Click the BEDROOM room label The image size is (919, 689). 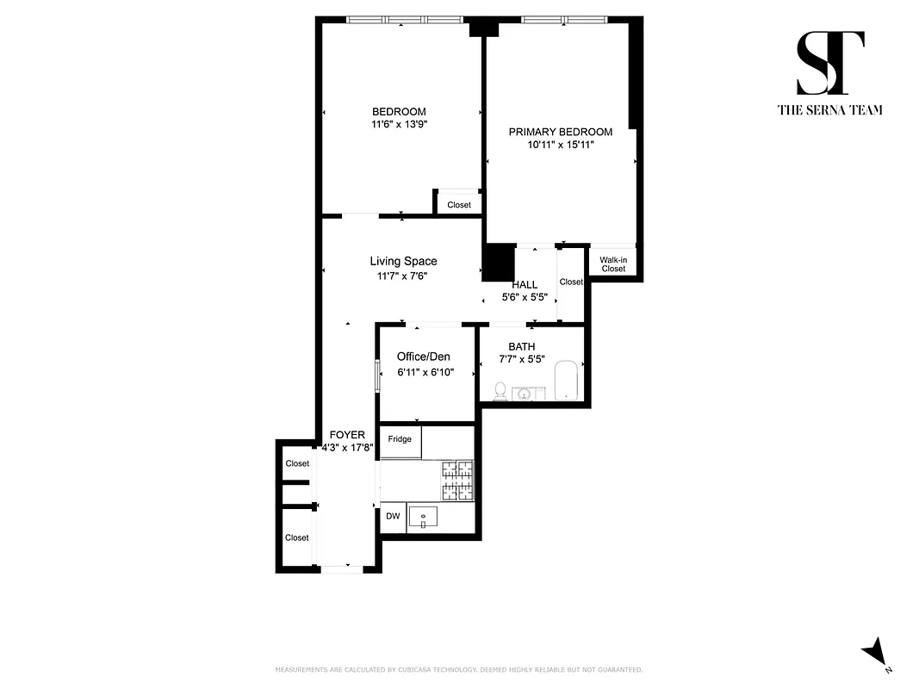[399, 111]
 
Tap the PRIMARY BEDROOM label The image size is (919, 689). [560, 132]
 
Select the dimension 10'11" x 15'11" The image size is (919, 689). [560, 146]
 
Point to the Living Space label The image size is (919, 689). [403, 261]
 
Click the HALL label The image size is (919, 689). [525, 284]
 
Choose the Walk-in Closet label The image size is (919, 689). [613, 264]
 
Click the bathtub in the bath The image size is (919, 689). [565, 380]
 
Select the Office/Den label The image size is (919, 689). [423, 357]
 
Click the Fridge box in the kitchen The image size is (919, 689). [400, 439]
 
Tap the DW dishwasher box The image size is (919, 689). [392, 516]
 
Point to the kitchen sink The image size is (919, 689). [423, 517]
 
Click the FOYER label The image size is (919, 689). [347, 435]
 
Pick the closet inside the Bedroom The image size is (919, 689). [458, 204]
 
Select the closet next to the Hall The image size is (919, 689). [570, 282]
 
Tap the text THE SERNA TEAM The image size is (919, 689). [830, 109]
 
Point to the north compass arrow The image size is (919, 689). [876, 652]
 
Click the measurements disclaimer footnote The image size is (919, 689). [458, 669]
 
